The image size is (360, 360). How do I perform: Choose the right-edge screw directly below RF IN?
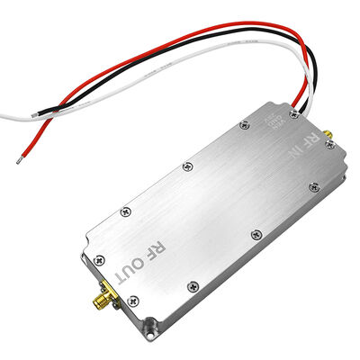point(313,187)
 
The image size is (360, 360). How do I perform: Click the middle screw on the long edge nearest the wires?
point(186,166)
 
